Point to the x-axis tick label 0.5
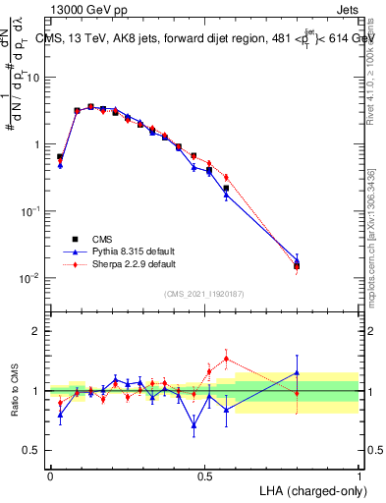point(204,475)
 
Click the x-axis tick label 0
point(50,475)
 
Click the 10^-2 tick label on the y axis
point(28,278)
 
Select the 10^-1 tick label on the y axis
point(28,211)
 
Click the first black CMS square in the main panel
point(60,156)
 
